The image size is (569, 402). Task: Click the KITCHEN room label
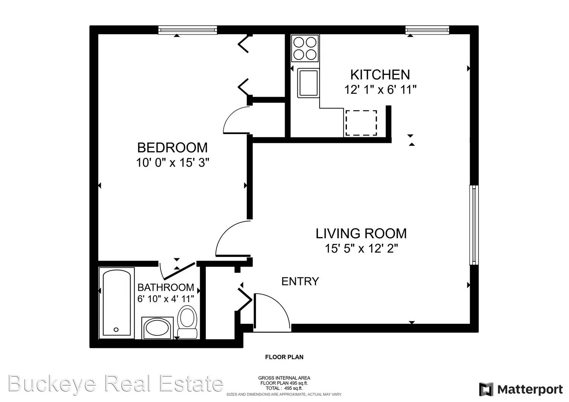pyautogui.click(x=380, y=75)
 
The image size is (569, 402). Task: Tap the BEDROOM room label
pyautogui.click(x=172, y=148)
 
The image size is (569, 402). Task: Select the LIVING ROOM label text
pyautogui.click(x=361, y=233)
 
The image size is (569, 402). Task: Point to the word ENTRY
pyautogui.click(x=300, y=281)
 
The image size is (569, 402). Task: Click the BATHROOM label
pyautogui.click(x=166, y=287)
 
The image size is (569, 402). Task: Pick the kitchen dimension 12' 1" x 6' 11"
pyautogui.click(x=380, y=90)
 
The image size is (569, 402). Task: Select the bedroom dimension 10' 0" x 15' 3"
pyautogui.click(x=173, y=163)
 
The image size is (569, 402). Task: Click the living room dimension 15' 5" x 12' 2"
pyautogui.click(x=361, y=248)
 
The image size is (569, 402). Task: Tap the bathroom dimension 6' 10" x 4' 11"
pyautogui.click(x=166, y=299)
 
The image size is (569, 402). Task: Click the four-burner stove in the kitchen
pyautogui.click(x=305, y=48)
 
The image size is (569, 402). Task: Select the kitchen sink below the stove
pyautogui.click(x=308, y=83)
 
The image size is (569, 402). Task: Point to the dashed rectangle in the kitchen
pyautogui.click(x=361, y=123)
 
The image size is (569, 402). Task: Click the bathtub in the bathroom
pyautogui.click(x=116, y=303)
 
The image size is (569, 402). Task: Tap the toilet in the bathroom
pyautogui.click(x=187, y=321)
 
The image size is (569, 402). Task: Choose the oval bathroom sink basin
pyautogui.click(x=157, y=328)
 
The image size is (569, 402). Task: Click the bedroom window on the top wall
pyautogui.click(x=188, y=30)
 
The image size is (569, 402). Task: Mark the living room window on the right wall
pyautogui.click(x=474, y=225)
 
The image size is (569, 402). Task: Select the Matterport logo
pyautogui.click(x=521, y=389)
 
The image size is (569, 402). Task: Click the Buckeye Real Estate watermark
pyautogui.click(x=115, y=383)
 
